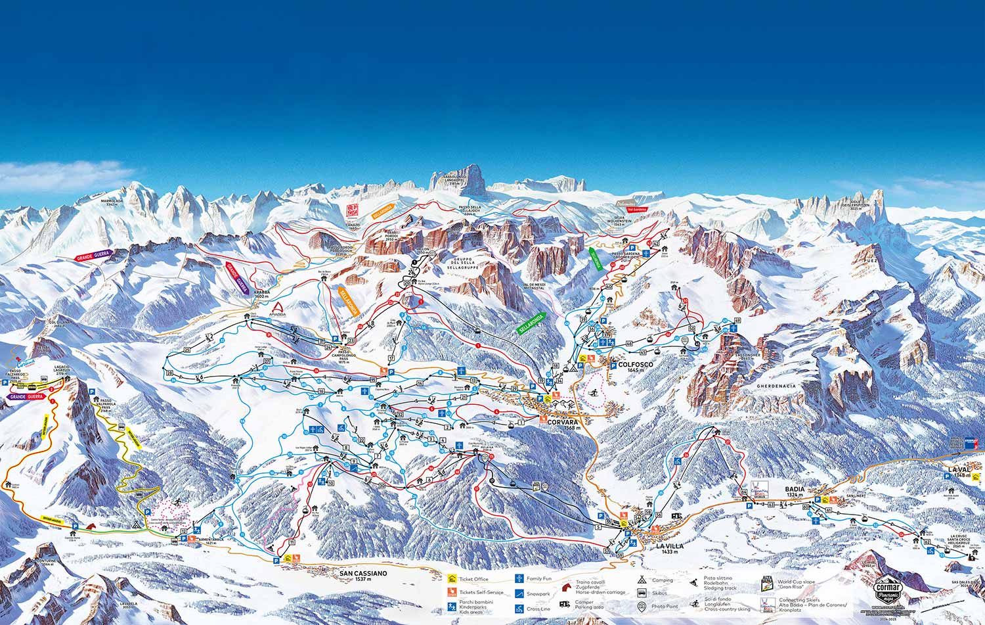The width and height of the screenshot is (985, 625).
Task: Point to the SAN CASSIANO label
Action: point(364,573)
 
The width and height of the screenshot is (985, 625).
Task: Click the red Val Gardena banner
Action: point(637,209)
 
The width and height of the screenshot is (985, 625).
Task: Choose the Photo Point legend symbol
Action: point(641,605)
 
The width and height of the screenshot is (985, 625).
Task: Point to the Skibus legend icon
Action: point(641,593)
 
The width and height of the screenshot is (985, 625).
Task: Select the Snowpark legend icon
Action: point(519,593)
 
